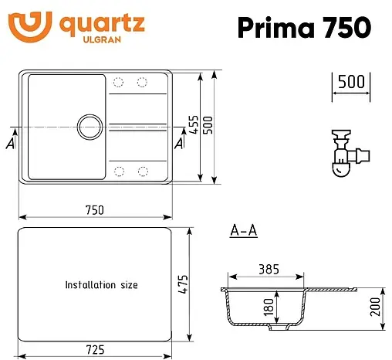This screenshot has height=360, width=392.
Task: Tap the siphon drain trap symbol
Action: click(x=346, y=151)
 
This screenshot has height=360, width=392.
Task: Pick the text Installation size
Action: click(x=102, y=285)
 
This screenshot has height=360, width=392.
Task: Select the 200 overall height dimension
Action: click(x=375, y=311)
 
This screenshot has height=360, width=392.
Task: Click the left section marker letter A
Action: click(x=10, y=143)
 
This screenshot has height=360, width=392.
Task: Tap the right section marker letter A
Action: click(x=179, y=143)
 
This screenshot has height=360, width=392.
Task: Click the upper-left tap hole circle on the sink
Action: click(x=119, y=82)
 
